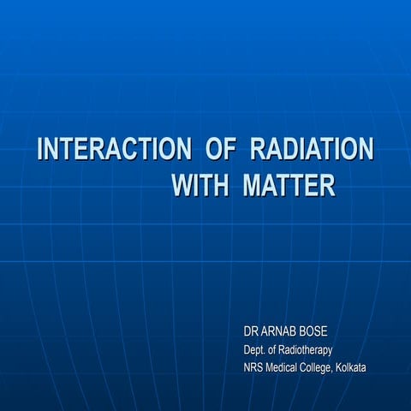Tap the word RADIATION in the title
click(x=312, y=149)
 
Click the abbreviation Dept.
click(x=254, y=349)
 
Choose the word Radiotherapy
click(x=308, y=349)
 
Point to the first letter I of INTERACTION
click(x=40, y=149)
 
